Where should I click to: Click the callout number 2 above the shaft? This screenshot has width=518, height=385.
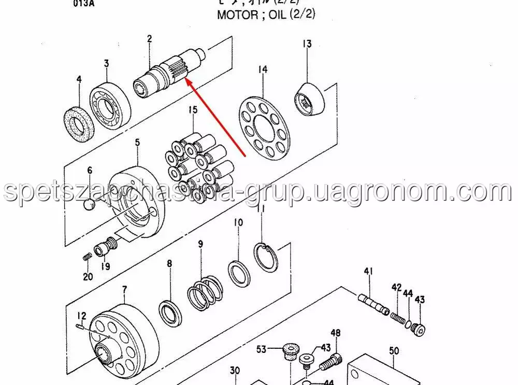pos(149,38)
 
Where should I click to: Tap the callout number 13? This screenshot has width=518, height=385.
pos(307,44)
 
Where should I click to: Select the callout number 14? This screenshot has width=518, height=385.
pos(263,69)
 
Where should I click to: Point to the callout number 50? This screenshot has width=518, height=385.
pos(394,351)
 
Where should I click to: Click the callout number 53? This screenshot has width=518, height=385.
pos(262,349)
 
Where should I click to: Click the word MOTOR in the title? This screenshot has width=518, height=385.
pos(237,14)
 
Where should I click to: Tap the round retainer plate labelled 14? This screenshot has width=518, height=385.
pos(264,124)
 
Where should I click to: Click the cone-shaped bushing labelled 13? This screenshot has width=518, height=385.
pos(311,99)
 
